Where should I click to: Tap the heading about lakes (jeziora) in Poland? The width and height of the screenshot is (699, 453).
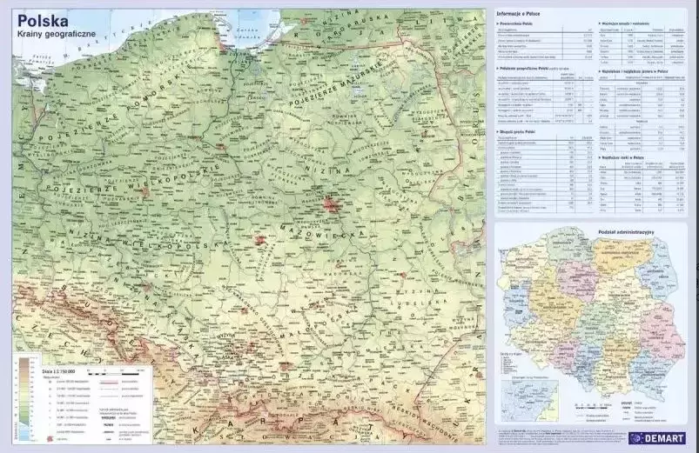tap(635, 75)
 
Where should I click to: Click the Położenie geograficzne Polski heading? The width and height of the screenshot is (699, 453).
tap(536, 68)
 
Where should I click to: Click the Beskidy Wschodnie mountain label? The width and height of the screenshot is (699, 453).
tap(427, 408)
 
